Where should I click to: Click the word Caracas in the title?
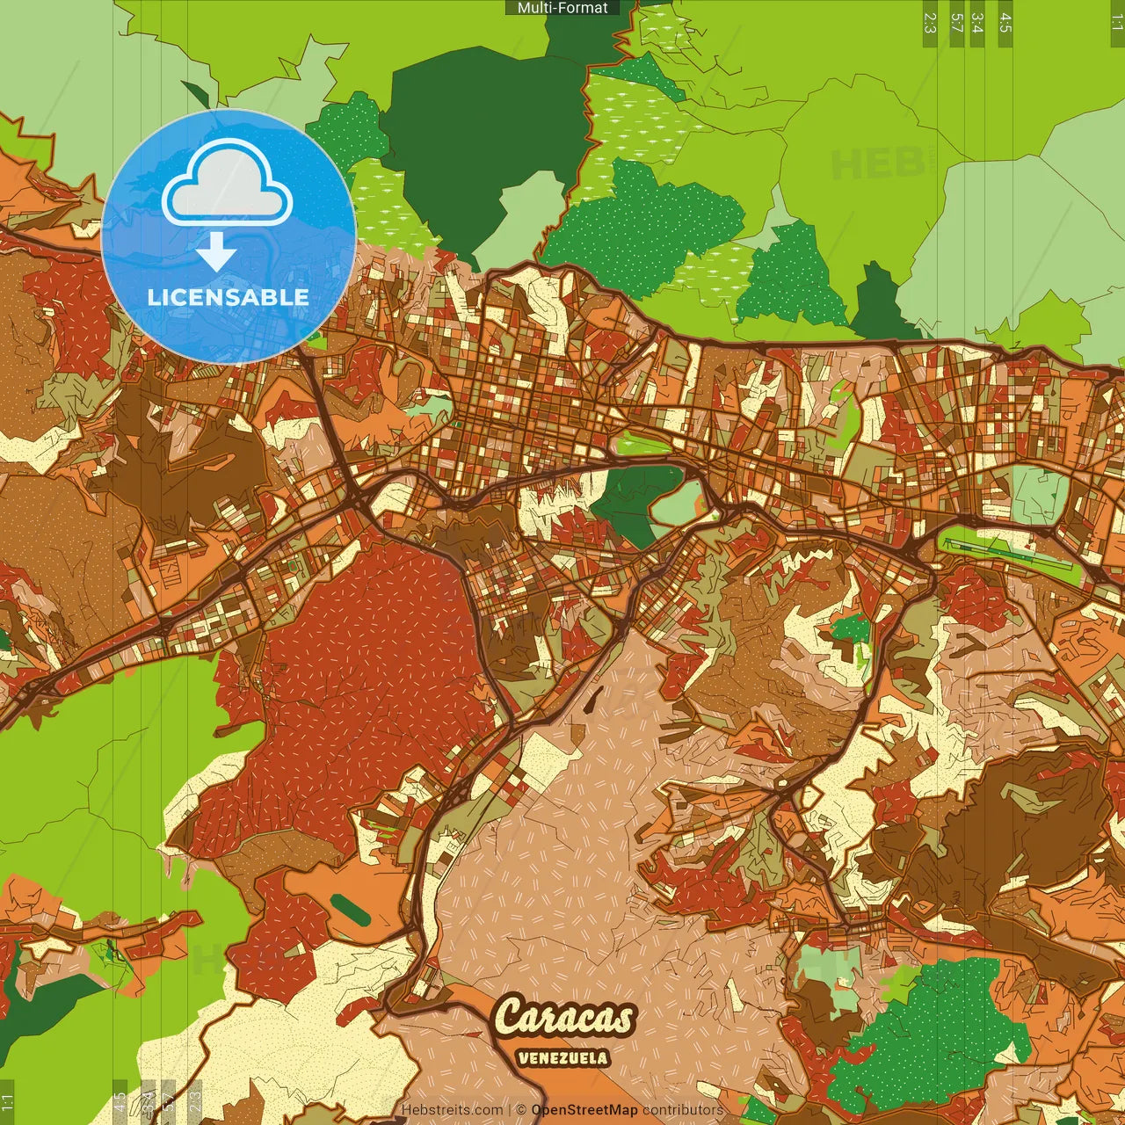point(564,1018)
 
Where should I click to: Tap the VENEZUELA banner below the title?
point(562,1057)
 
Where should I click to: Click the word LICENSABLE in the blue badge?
point(229,297)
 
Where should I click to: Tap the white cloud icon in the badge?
point(228,183)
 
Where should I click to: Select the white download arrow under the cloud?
point(216,253)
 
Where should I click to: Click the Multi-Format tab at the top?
point(562,8)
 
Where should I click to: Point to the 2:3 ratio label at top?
point(930,23)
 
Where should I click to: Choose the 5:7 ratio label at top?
point(956,23)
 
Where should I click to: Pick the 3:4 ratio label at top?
point(977,23)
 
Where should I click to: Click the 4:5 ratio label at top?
point(1005,23)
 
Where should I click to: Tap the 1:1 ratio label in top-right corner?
point(1116,23)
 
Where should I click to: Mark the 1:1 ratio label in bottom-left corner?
point(8,1102)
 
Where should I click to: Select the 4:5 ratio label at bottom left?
point(120,1102)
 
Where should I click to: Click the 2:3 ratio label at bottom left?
point(194,1102)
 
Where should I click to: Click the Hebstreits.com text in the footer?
point(452,1110)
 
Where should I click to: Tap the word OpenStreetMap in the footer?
point(584,1110)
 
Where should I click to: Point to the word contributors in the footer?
point(683,1110)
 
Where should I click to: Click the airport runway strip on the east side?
point(1011,549)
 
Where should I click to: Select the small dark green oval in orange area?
point(352,911)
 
